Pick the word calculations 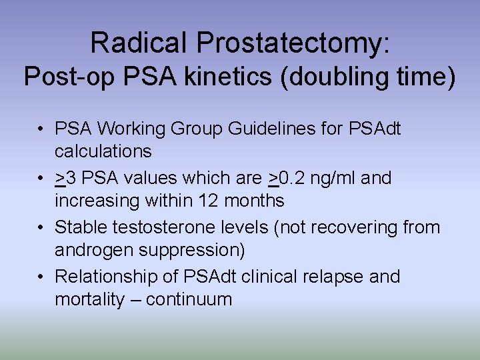(103, 151)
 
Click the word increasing (99, 201)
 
